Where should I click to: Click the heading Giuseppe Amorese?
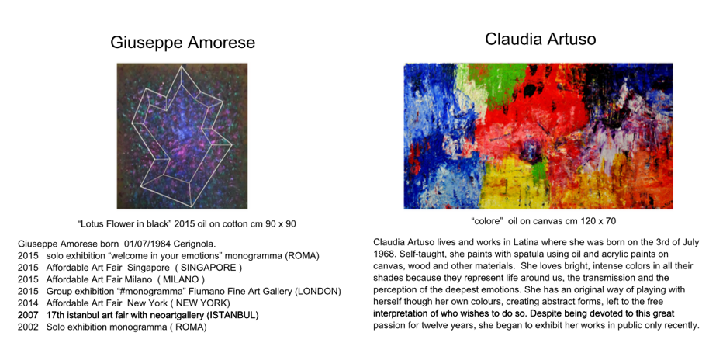[182, 42]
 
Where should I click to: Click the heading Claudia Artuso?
[540, 39]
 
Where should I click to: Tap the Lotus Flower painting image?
[182, 136]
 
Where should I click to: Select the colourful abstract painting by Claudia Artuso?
[538, 136]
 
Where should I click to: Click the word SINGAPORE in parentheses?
[209, 268]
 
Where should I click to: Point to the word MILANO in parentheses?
[182, 279]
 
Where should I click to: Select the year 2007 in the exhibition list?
[28, 315]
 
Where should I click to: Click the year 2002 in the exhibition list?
[28, 327]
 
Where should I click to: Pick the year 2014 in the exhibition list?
[28, 303]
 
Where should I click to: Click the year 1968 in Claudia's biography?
[383, 254]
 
